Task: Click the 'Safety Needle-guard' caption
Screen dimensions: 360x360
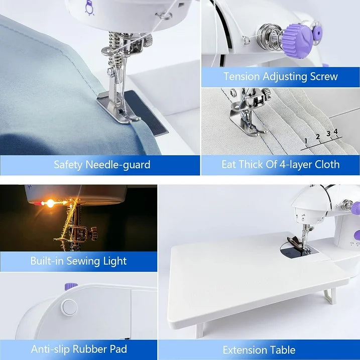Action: point(102,164)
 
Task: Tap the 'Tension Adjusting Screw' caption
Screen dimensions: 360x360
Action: point(280,76)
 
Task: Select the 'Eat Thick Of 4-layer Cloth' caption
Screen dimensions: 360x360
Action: point(280,164)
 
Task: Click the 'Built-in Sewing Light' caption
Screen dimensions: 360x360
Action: point(78,261)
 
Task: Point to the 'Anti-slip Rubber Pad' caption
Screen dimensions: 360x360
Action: point(79,349)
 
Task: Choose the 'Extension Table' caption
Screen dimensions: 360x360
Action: point(259,349)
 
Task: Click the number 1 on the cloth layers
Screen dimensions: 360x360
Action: point(304,141)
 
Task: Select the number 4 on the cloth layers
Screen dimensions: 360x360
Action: point(335,131)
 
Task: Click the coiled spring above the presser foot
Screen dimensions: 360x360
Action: point(117,50)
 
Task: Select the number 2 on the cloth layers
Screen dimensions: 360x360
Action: point(317,137)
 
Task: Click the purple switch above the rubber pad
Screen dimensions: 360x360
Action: point(71,286)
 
